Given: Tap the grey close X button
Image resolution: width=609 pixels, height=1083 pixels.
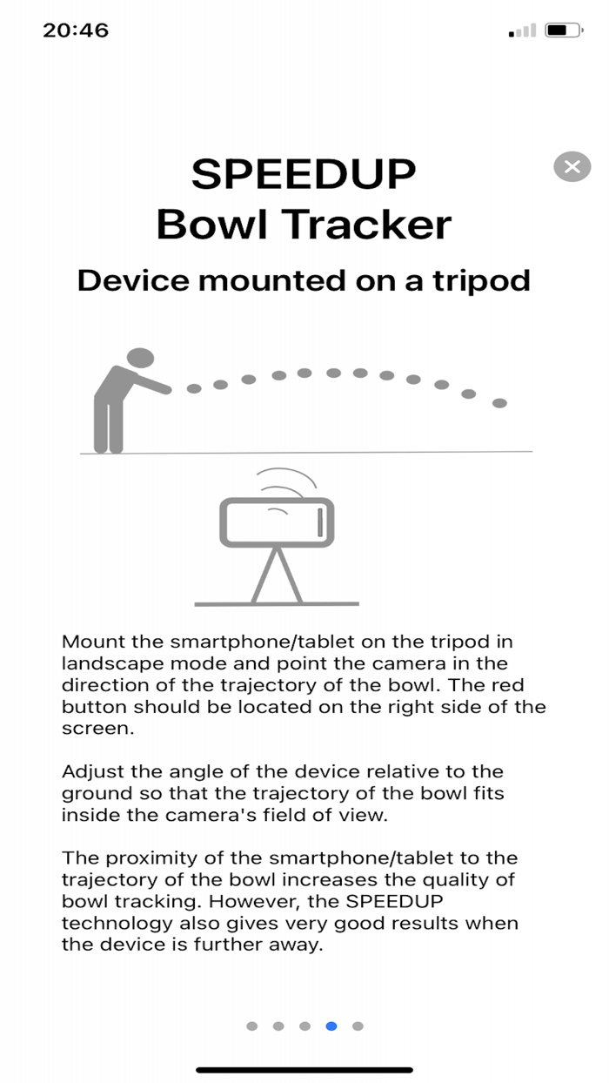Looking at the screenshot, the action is coord(572,167).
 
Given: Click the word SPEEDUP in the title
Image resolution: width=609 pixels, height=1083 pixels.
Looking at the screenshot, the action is coord(304,174).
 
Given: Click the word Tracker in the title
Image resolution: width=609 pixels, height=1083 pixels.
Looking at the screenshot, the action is coord(366,225).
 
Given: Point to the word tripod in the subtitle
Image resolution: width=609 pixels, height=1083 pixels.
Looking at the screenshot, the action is coord(481,281).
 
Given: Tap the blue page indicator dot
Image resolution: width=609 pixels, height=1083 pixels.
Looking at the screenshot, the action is coord(331,1026).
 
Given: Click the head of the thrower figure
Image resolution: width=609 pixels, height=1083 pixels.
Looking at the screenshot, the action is coord(140,359).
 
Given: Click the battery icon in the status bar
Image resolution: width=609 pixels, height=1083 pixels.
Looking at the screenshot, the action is coord(564,30).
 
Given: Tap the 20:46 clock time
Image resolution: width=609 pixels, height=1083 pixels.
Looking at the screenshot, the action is coord(76,30).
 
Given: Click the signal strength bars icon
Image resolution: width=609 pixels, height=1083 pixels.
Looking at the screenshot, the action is coord(523,31).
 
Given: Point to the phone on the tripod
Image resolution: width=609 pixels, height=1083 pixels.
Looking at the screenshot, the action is coord(277,522).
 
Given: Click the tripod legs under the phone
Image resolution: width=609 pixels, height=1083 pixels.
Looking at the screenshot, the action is coord(277,575).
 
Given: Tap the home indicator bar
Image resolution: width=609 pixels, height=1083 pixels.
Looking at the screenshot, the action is coord(304,1070).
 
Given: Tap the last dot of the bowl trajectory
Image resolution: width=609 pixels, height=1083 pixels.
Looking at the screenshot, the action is coord(499,403).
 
